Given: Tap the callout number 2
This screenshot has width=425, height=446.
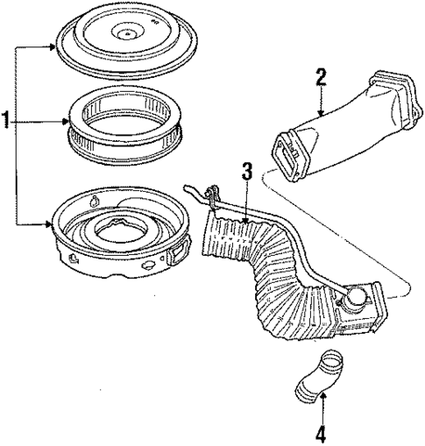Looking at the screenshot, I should pos(321,78).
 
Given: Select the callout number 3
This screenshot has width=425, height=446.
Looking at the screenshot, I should pos(248,173).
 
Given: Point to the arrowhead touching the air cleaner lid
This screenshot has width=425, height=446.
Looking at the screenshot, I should pos(55,51).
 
